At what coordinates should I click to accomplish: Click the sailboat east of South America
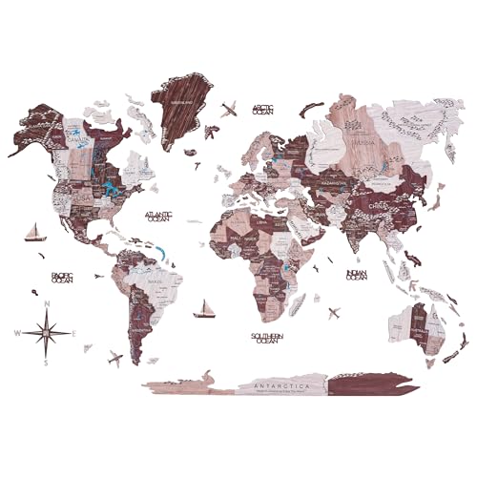click(203, 308)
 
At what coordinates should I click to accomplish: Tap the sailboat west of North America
click(34, 232)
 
